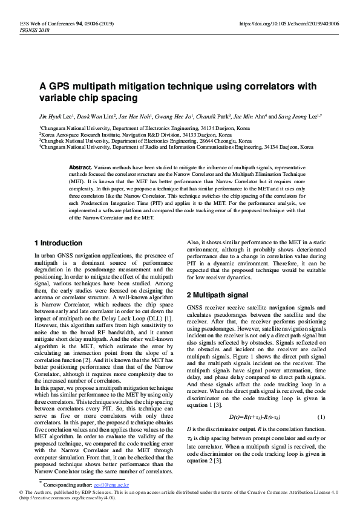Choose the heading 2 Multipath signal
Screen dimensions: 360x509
[x=217, y=295]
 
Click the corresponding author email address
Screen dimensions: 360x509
[x=111, y=485]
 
